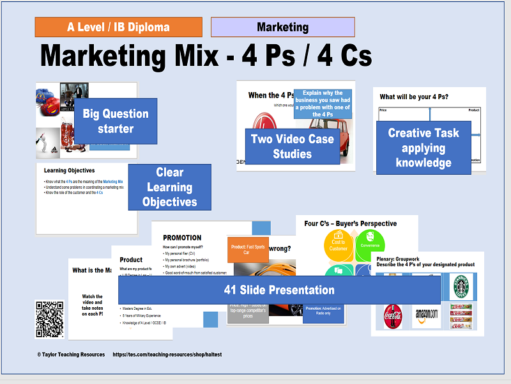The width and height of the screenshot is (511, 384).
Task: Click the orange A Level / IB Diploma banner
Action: (118, 27)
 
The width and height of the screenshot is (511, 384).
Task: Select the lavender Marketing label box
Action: (282, 27)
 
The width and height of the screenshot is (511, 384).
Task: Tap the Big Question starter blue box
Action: (116, 121)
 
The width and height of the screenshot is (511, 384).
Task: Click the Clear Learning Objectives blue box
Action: (169, 187)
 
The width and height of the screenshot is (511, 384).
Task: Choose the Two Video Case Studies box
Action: (293, 147)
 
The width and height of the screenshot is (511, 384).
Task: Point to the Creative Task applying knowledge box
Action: (423, 148)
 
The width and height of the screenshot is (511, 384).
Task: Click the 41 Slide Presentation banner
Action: (279, 289)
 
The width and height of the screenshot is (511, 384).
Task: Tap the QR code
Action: (49, 319)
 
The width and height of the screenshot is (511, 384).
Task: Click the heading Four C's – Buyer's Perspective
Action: (350, 223)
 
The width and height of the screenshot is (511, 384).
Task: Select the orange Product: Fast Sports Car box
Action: (248, 249)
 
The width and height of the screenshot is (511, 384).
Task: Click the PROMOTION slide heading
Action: (182, 237)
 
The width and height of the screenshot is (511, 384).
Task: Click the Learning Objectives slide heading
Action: (69, 171)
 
